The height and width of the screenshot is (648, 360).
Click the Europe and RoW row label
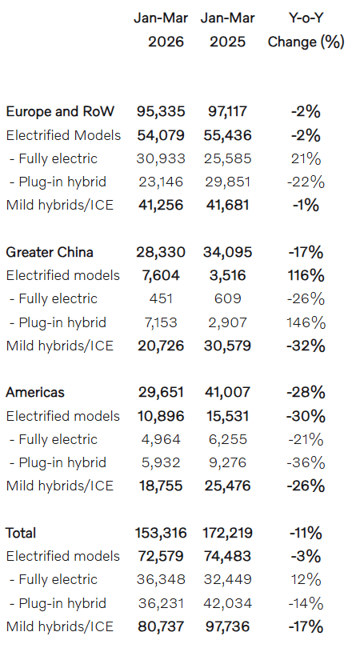pos(60,111)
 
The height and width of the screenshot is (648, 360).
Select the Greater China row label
pos(50,252)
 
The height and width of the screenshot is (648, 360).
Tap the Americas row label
pos(35,392)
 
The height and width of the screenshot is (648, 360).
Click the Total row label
pos(21,533)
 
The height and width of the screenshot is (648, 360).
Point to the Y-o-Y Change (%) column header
pos(306,30)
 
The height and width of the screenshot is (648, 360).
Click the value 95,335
pos(161,111)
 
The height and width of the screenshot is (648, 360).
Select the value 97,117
pos(227,111)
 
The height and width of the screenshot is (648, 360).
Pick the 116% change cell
pos(306,276)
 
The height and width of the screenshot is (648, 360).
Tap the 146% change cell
pos(306,322)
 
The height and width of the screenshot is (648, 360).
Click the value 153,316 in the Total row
pos(161,533)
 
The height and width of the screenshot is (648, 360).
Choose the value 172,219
pos(227,533)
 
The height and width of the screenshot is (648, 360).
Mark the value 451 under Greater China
pos(161,298)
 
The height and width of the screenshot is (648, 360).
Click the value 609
pos(227,298)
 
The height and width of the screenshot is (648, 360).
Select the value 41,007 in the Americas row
pos(227,392)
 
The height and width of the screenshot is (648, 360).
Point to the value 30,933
pos(161,158)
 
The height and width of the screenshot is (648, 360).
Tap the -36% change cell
pos(306,463)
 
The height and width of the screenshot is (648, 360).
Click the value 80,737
pos(161,627)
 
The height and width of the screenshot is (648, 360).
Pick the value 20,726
pos(161,346)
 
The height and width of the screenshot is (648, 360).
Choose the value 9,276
pos(227,463)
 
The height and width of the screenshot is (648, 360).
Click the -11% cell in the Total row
pos(306,533)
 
